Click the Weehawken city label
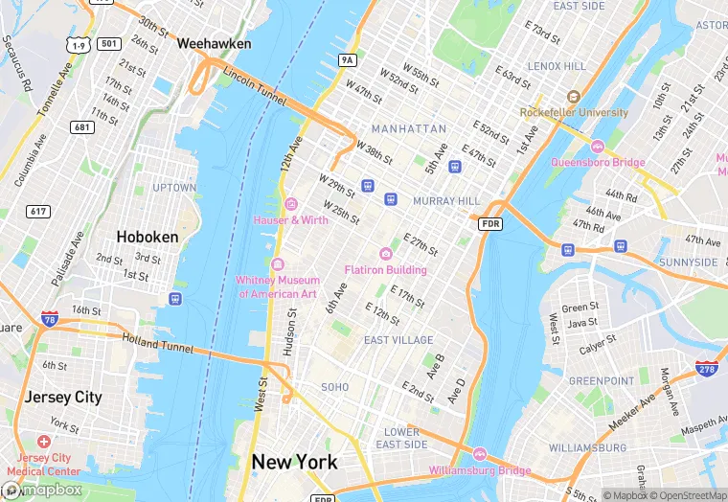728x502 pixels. pyautogui.click(x=214, y=44)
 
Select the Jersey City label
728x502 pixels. pyautogui.click(x=62, y=397)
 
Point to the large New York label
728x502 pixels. pyautogui.click(x=294, y=462)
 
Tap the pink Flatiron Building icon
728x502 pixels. pyautogui.click(x=385, y=253)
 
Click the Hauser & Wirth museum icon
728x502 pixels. pyautogui.click(x=290, y=203)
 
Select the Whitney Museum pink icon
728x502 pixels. pyautogui.click(x=278, y=264)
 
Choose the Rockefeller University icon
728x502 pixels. pyautogui.click(x=573, y=97)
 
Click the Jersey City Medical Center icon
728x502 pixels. pyautogui.click(x=43, y=443)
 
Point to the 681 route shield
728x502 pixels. pyautogui.click(x=82, y=127)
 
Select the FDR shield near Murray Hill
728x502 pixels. pyautogui.click(x=489, y=223)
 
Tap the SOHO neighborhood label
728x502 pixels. pyautogui.click(x=334, y=387)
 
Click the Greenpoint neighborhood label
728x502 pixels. pyautogui.click(x=601, y=380)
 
